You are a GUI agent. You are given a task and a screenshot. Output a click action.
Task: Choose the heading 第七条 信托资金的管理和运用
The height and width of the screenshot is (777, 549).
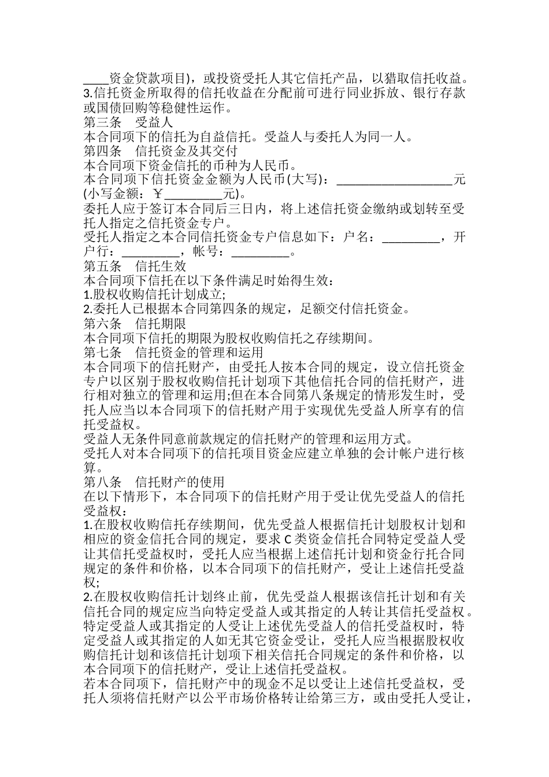tap(173, 352)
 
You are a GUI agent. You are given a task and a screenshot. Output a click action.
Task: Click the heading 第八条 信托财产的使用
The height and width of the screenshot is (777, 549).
tap(154, 482)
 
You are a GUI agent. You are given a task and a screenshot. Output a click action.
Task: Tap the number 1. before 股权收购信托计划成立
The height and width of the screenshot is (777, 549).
tap(88, 295)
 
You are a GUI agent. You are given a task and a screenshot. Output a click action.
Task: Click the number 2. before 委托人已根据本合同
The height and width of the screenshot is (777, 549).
tap(88, 309)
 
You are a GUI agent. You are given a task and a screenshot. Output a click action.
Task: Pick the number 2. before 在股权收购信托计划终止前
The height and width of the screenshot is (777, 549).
tap(88, 597)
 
